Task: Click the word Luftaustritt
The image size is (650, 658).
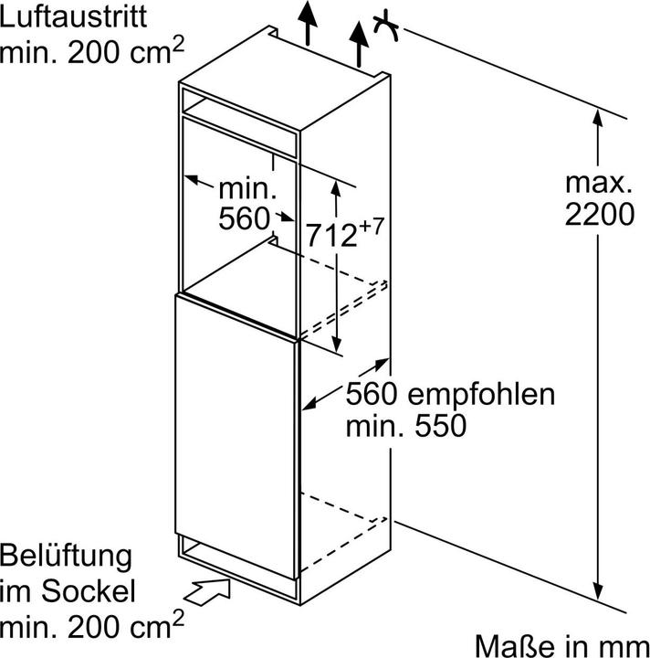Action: [x=72, y=16]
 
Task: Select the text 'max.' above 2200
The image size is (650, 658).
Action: [x=598, y=182]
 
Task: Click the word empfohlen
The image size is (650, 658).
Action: [x=480, y=395]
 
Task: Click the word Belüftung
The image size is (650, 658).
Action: [x=66, y=555]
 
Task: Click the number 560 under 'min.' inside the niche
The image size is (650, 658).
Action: [x=244, y=219]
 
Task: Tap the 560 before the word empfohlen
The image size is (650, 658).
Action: [x=370, y=395]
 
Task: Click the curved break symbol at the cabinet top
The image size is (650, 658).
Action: [x=387, y=29]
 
